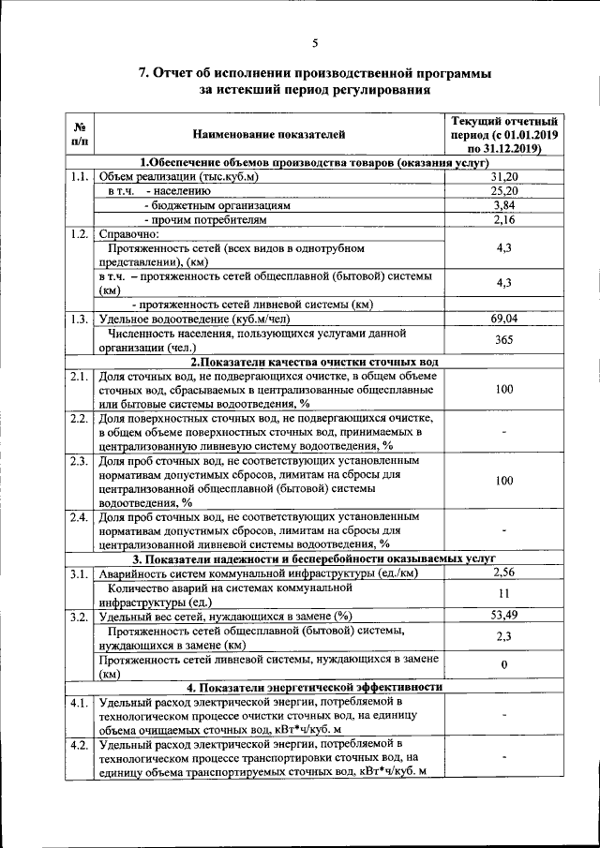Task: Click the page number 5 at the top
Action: point(315,42)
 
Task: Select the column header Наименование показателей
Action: point(269,135)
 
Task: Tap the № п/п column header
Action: point(80,135)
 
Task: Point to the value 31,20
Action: point(504,176)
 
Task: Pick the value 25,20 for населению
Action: point(504,190)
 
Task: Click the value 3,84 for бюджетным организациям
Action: point(504,204)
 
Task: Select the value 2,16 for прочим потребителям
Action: point(504,218)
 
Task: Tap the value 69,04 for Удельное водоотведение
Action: point(504,319)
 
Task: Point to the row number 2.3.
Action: point(80,461)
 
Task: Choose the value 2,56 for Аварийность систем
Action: point(504,573)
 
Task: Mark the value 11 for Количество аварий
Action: point(504,594)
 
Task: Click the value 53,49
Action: point(504,616)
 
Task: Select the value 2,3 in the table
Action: point(504,636)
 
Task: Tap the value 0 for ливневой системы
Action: point(504,665)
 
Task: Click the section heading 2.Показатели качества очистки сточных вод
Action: point(314,362)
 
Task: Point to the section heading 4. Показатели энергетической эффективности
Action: point(314,687)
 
